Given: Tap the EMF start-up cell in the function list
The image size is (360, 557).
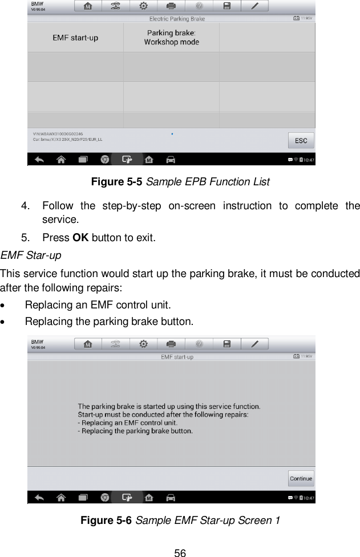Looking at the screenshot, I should pos(75,38).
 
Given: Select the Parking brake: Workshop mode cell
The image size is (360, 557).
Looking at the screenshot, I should pos(171,38).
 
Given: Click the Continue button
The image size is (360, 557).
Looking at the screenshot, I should pos(301,478).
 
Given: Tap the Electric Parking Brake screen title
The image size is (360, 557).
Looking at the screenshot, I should pos(177,19).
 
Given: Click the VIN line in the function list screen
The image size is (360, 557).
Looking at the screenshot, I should pos(59,133).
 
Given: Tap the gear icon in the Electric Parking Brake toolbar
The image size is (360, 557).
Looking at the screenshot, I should pos(143,7).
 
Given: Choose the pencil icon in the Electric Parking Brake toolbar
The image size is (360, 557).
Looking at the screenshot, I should pos(255,7).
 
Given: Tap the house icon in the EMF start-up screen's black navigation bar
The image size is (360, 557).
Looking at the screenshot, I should pos(61,497).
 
